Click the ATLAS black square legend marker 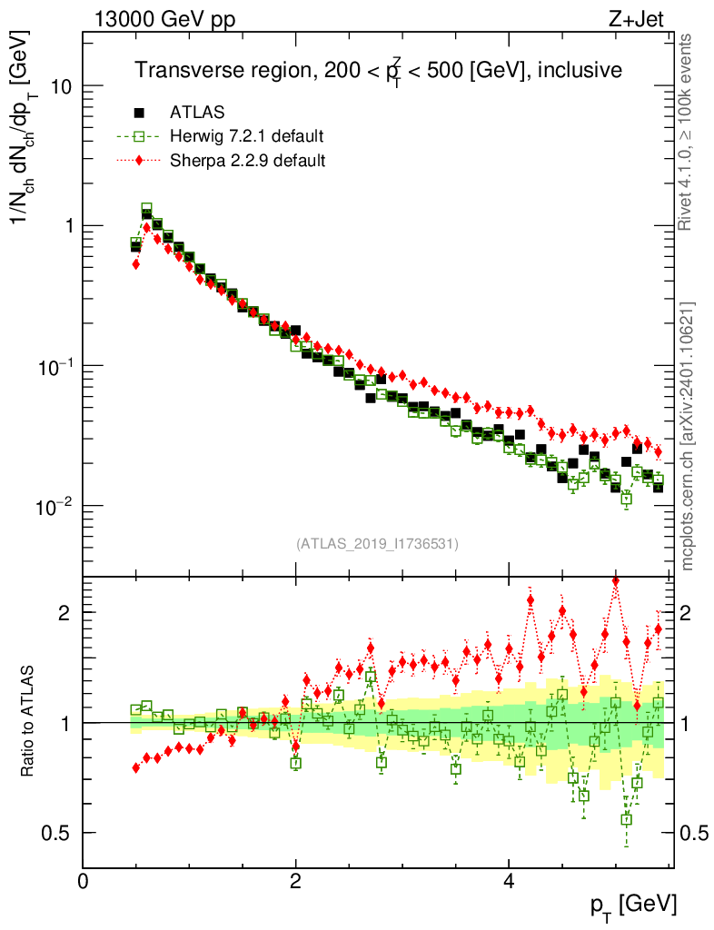139,113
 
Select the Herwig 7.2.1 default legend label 246,136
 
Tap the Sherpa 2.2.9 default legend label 247,161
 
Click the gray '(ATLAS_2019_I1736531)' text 377,544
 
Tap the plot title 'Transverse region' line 378,70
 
